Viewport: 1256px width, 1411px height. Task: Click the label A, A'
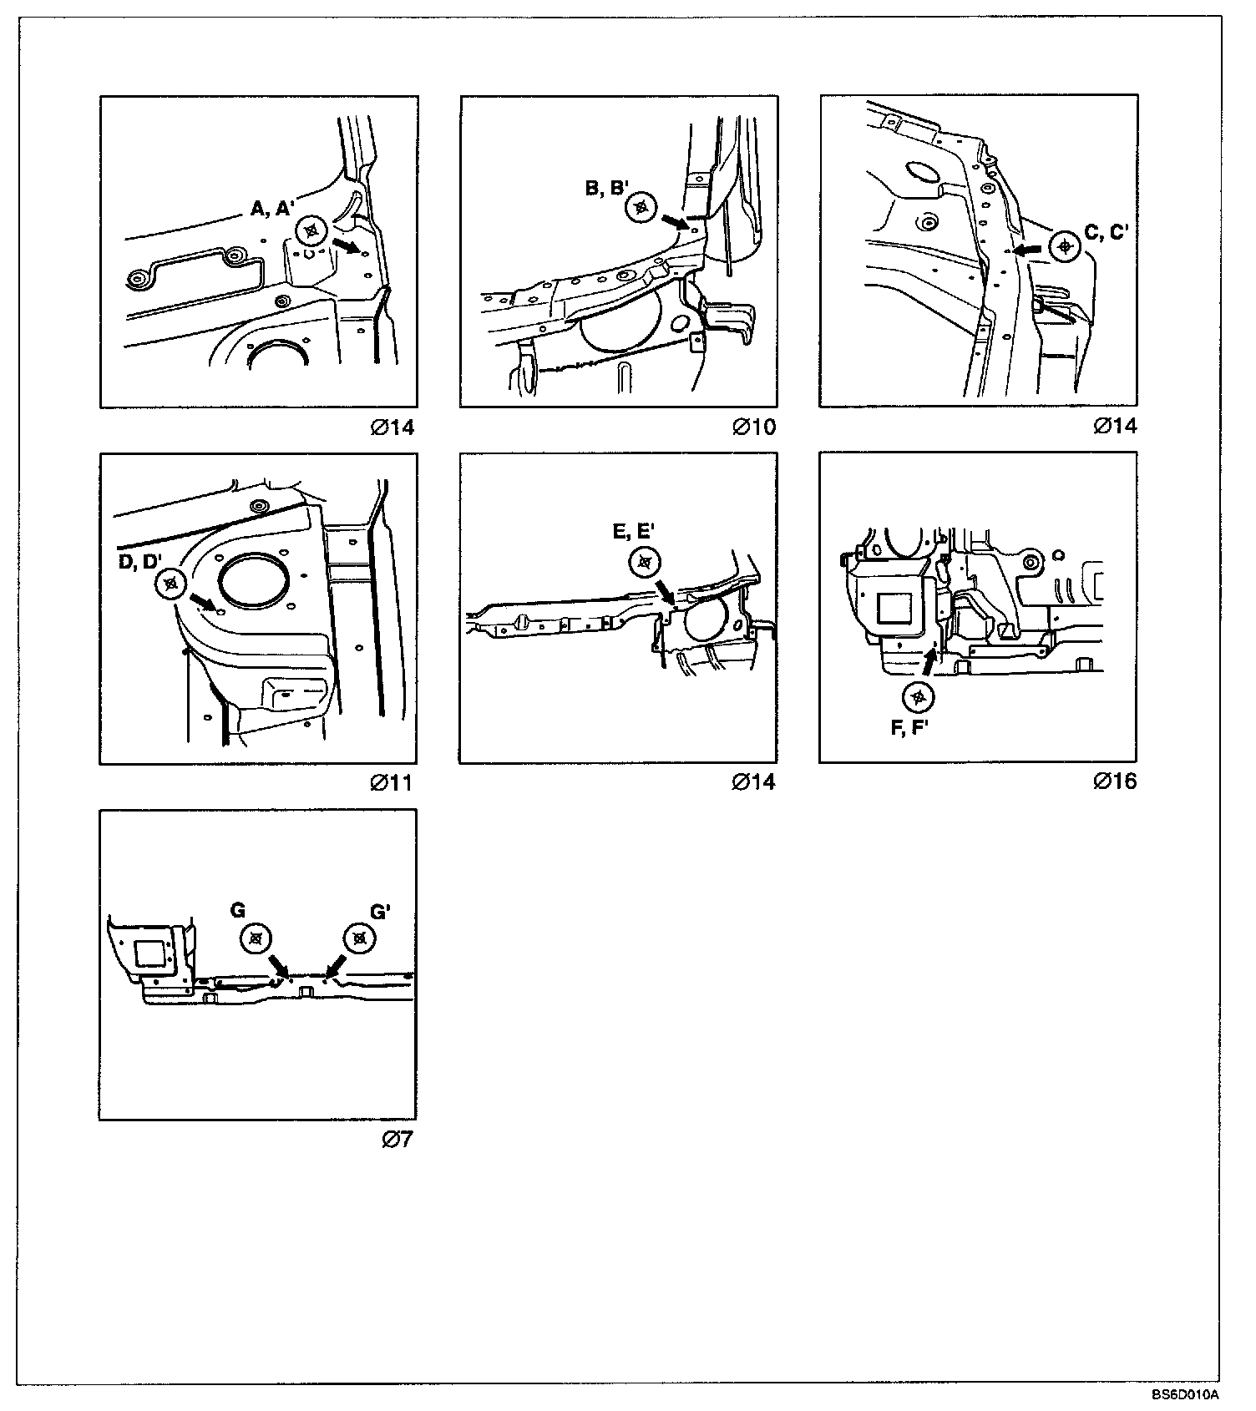click(273, 210)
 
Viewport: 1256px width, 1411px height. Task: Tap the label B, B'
click(607, 189)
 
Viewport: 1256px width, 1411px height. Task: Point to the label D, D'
click(139, 562)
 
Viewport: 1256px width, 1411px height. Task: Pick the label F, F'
click(909, 728)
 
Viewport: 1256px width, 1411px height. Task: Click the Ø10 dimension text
click(754, 427)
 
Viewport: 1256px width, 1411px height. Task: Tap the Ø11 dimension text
click(392, 783)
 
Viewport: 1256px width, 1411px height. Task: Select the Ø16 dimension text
click(1115, 781)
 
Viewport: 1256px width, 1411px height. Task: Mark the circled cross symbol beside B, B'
click(641, 208)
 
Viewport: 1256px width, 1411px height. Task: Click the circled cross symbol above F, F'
click(919, 695)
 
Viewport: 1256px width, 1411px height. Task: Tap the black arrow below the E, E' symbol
click(666, 591)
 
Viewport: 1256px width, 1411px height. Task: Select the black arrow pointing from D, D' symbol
click(201, 601)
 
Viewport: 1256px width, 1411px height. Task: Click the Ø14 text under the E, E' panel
click(753, 782)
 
